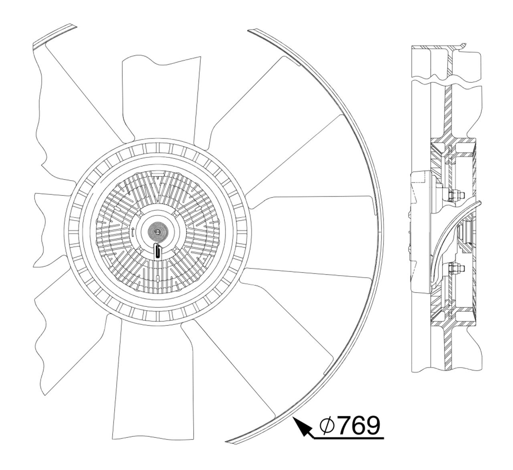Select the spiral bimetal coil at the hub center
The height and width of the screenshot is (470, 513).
(157, 231)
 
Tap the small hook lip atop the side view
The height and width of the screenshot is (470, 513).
(463, 45)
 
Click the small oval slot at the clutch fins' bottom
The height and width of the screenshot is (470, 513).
(159, 278)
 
